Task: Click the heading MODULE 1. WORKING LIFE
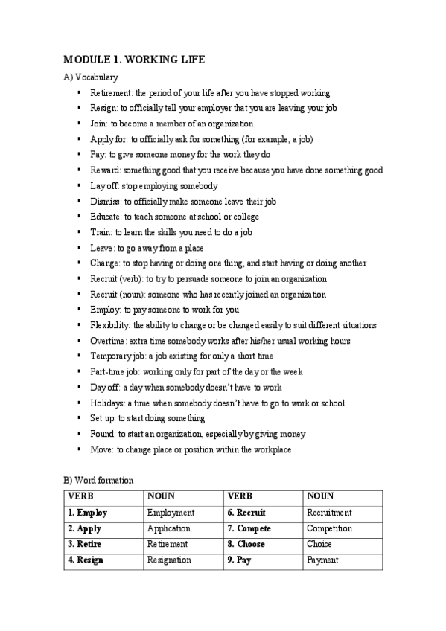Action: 134,60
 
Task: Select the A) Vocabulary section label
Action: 91,77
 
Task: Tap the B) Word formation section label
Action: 98,481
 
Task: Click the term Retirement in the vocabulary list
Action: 111,93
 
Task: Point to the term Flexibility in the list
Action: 110,325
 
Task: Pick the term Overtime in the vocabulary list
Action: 108,341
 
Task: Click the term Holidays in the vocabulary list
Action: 107,403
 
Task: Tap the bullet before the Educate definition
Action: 79,217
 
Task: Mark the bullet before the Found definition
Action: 79,434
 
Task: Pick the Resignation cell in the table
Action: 169,560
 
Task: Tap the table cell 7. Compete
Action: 249,528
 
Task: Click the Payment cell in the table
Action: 322,560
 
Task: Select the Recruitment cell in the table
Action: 329,513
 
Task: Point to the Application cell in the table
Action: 169,528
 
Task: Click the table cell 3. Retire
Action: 86,544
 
